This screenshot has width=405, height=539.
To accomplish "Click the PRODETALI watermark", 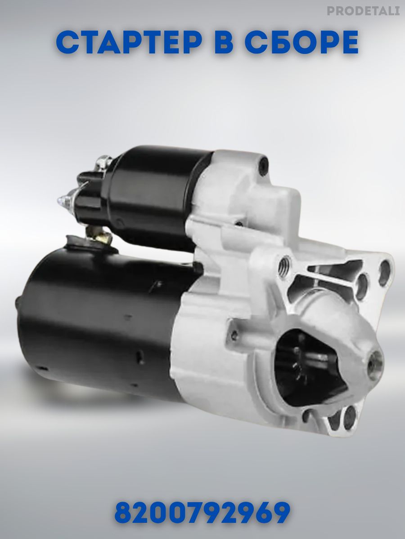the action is click(363, 11).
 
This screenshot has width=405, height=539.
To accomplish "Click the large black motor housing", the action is click(103, 327).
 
